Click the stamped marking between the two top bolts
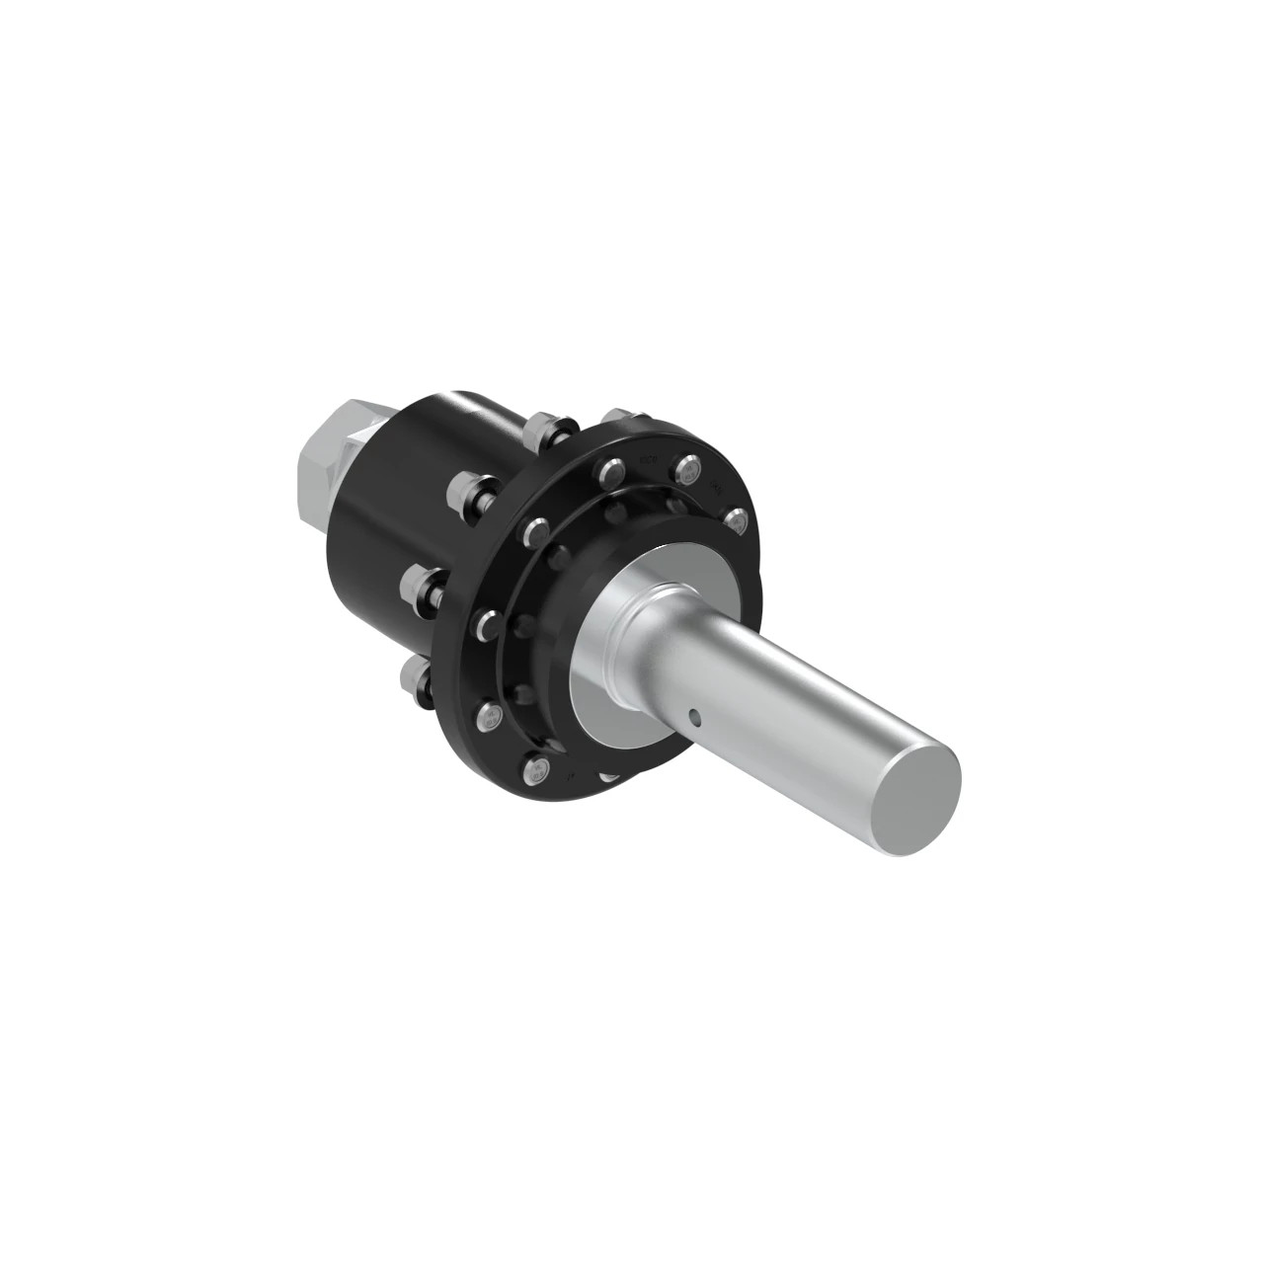[x=649, y=458]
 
